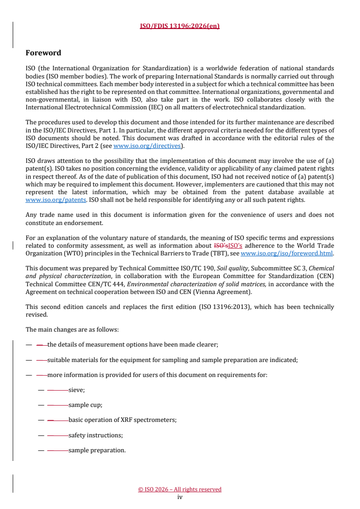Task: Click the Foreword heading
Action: tap(43, 53)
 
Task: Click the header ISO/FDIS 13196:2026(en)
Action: tap(180, 26)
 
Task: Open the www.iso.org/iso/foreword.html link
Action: tap(286, 254)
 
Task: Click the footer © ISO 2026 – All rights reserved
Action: tap(180, 489)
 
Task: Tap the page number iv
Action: tap(180, 497)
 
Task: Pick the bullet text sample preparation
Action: tap(97, 450)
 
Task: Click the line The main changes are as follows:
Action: tap(72, 329)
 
